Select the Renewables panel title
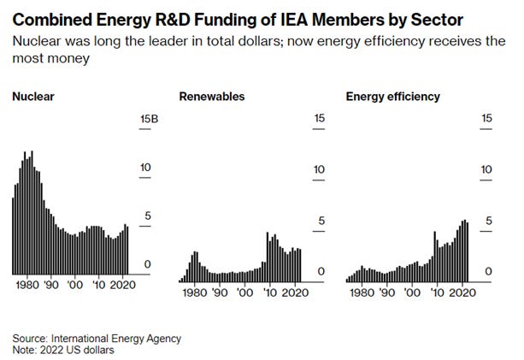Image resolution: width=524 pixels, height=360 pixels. pos(211,97)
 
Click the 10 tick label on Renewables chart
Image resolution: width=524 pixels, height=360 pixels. pos(319,168)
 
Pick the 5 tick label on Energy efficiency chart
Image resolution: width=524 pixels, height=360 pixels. pos(488,221)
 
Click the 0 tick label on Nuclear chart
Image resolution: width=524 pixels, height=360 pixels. pos(147,264)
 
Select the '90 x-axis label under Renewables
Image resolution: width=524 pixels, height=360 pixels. pos(220,292)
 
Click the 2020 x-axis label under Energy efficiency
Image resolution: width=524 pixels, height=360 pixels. pos(462,292)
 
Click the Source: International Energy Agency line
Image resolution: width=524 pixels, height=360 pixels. pos(97,338)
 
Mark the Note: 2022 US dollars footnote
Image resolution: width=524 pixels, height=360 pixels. pos(62,350)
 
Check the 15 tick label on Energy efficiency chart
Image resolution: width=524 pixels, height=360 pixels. pos(487,118)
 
